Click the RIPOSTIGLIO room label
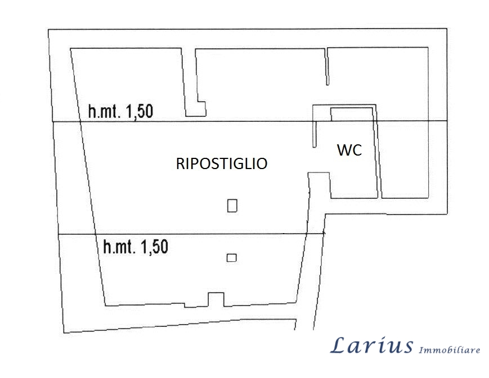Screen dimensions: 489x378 (222, 163)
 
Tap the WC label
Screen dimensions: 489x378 (349, 150)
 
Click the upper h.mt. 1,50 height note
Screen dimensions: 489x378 (120, 111)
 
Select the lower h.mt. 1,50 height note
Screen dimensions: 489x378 (136, 247)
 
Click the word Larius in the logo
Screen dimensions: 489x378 (371, 345)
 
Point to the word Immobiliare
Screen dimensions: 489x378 (449, 349)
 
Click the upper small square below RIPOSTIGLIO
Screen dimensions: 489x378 (232, 206)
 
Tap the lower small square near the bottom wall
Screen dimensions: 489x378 (231, 258)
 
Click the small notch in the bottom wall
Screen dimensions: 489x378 (216, 299)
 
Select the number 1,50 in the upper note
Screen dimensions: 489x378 (140, 111)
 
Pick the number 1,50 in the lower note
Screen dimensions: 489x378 (155, 247)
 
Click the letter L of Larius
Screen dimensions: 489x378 (339, 345)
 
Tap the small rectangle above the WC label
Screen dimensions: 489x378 (352, 114)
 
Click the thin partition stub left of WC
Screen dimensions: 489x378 (315, 134)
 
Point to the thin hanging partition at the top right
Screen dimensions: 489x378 (327, 66)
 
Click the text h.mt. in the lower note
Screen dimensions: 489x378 (119, 247)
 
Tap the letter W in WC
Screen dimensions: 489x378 (344, 150)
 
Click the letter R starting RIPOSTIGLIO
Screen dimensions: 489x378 (180, 163)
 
